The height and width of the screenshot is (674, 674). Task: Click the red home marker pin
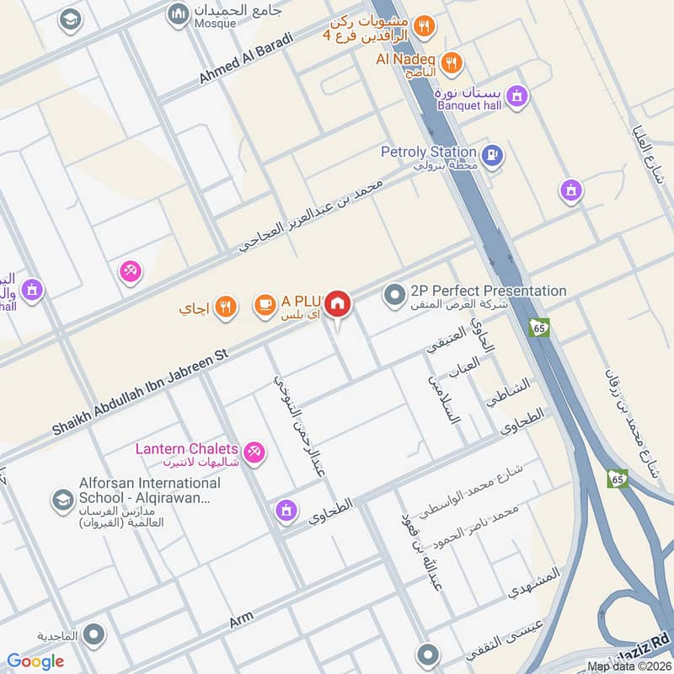338,303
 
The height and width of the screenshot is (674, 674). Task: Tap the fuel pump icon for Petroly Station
493,154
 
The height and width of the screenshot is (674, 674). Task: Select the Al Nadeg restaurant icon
452,62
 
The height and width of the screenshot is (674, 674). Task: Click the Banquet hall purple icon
518,96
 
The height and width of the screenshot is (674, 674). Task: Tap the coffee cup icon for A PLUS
265,304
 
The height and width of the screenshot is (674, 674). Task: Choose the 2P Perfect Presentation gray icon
393,295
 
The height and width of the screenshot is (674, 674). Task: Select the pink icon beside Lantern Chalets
256,453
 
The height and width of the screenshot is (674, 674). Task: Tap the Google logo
35,661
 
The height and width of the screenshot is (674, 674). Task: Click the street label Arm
241,622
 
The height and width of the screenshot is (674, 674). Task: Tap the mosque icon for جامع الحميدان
178,14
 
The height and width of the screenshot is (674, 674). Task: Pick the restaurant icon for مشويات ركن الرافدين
424,27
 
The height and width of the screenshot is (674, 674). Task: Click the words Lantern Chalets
187,449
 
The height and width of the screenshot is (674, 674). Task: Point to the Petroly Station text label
428,152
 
